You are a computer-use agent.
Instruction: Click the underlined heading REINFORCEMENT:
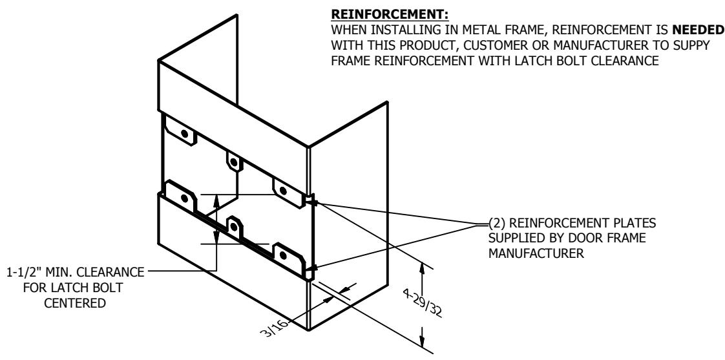click(390, 14)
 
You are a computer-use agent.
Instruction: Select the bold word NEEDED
click(697, 30)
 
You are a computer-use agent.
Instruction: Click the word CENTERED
click(75, 303)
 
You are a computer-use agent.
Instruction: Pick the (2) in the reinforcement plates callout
click(498, 223)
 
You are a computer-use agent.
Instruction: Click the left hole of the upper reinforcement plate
click(185, 134)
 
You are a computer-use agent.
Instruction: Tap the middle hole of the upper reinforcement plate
click(234, 162)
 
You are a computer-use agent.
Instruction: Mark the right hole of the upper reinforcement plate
click(284, 191)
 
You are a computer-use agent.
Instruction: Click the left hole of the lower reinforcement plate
click(185, 198)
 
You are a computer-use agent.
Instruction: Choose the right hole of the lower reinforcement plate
click(284, 255)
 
